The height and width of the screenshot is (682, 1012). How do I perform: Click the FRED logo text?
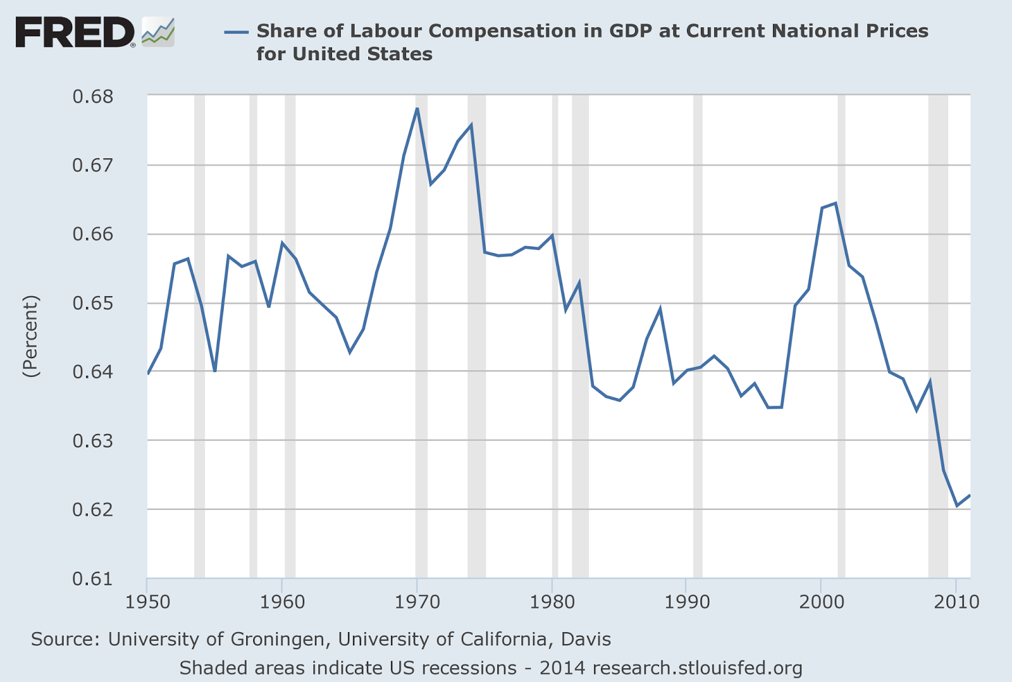75,32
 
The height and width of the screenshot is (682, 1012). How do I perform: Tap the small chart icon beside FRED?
158,32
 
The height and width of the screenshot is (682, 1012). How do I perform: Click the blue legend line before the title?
237,32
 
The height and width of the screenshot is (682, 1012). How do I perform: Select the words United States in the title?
362,54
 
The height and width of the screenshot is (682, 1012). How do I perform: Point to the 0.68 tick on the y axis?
93,97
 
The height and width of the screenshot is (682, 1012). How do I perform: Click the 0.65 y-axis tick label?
93,303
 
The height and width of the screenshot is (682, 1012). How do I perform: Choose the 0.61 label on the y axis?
93,579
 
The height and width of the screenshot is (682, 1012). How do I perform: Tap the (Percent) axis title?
30,337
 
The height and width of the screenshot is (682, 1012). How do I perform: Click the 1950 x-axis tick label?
147,602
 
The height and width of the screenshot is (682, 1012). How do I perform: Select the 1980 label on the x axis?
552,602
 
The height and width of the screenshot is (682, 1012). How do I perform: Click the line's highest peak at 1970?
417,109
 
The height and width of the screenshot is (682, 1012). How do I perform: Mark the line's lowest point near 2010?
957,505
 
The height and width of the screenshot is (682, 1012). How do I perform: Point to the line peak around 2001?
836,203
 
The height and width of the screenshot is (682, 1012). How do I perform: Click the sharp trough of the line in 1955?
215,371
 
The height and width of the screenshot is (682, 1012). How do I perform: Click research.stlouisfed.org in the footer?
697,668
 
